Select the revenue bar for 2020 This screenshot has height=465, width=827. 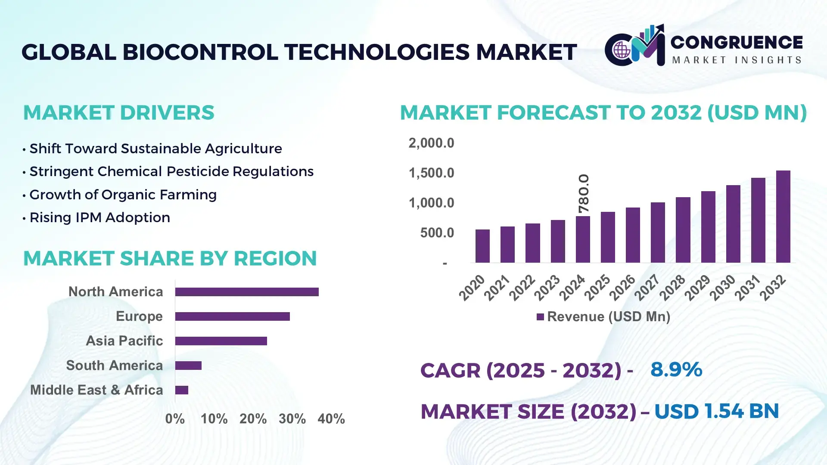pos(482,246)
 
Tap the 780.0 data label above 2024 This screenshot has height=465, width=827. pos(584,194)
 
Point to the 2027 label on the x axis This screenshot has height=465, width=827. pos(647,287)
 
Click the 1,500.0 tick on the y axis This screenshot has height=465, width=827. pos(431,173)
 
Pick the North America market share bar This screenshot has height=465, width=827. pos(247,292)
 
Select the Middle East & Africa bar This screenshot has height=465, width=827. pos(182,390)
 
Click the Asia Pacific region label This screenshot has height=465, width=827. pos(124,341)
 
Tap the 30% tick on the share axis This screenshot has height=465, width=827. pos(292,419)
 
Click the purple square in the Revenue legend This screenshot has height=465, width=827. pos(540,317)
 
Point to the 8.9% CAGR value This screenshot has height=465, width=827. pos(676,370)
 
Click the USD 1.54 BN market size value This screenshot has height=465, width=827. pos(716,411)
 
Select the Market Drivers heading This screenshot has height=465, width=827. pos(118,113)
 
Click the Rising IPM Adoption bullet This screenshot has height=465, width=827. pos(99,217)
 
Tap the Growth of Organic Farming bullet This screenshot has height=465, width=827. pos(123,195)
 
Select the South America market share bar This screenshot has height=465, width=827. pos(188,366)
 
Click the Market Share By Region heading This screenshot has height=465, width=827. pos(170,258)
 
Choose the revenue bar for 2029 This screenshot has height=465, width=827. pos(708,227)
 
